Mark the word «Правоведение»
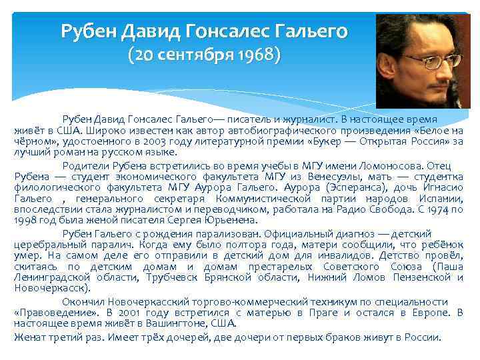tap(49, 313)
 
